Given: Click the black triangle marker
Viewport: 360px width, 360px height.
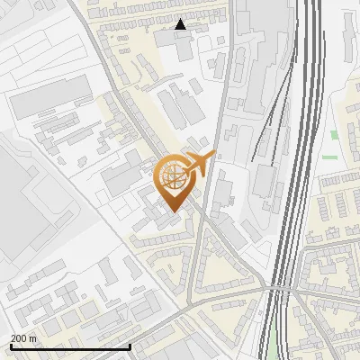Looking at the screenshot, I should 181,24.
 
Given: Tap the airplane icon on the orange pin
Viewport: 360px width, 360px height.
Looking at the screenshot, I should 197,165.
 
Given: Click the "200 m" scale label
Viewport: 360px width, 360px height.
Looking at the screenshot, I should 23,337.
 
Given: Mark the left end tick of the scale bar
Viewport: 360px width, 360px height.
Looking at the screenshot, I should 11,346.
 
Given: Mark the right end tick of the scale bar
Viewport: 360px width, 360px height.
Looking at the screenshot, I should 130,346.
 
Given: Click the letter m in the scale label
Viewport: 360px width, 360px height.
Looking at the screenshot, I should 32,337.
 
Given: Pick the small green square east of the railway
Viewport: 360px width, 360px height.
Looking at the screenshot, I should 334,135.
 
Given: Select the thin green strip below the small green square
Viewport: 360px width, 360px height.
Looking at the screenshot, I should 329,157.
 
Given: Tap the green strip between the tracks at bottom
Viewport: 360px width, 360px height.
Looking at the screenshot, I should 274,337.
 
